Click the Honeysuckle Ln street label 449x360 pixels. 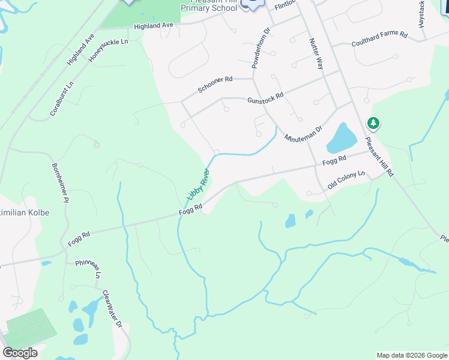109,50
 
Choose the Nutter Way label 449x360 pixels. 316,54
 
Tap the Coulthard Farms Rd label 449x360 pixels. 379,38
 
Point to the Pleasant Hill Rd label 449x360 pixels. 380,157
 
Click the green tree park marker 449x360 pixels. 374,124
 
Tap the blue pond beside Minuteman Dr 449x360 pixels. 341,138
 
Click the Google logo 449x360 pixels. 20,353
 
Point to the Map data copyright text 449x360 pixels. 411,355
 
